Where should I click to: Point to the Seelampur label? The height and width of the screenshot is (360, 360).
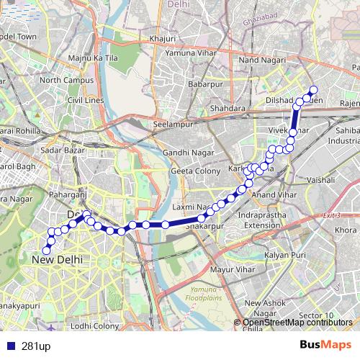(x=171, y=124)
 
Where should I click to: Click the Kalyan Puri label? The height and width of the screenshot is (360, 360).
(x=285, y=256)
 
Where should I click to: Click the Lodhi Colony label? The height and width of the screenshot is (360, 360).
(x=96, y=325)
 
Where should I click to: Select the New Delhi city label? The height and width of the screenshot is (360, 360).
(x=58, y=258)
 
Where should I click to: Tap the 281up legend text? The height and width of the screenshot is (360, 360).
(x=35, y=345)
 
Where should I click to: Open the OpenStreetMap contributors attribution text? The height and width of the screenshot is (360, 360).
(x=300, y=322)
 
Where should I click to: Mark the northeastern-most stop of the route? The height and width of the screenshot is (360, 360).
(x=313, y=90)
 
